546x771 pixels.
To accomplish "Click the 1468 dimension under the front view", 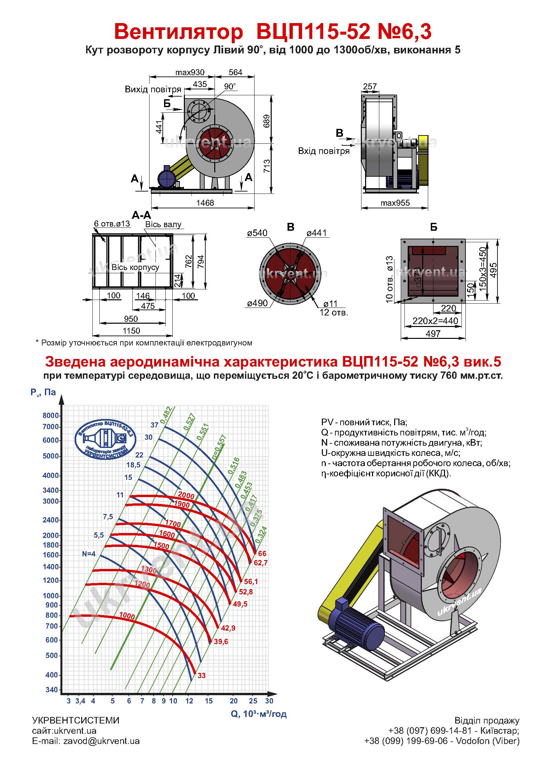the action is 205,203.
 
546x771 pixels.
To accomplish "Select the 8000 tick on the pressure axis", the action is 51,415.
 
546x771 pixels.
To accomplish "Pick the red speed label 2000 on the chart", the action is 186,495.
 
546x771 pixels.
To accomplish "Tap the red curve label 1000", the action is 127,616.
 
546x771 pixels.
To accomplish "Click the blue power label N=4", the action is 89,554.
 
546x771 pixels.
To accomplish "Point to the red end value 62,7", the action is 260,563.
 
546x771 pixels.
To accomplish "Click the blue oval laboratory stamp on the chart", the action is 105,439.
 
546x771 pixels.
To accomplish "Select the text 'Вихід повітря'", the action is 153,89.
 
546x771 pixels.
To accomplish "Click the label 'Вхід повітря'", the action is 324,151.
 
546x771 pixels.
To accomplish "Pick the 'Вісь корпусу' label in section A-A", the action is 135,267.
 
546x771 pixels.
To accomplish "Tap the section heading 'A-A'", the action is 142,215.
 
